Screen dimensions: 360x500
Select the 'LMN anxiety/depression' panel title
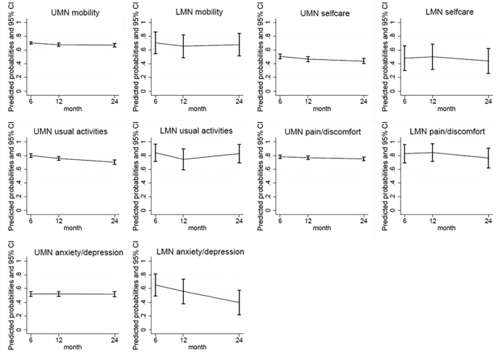(x=201, y=251)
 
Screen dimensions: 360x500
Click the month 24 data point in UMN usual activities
(x=113, y=162)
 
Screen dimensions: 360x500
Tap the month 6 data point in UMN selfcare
(x=280, y=55)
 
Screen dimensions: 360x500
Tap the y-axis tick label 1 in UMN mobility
(x=22, y=23)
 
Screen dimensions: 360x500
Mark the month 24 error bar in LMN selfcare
(x=488, y=61)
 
